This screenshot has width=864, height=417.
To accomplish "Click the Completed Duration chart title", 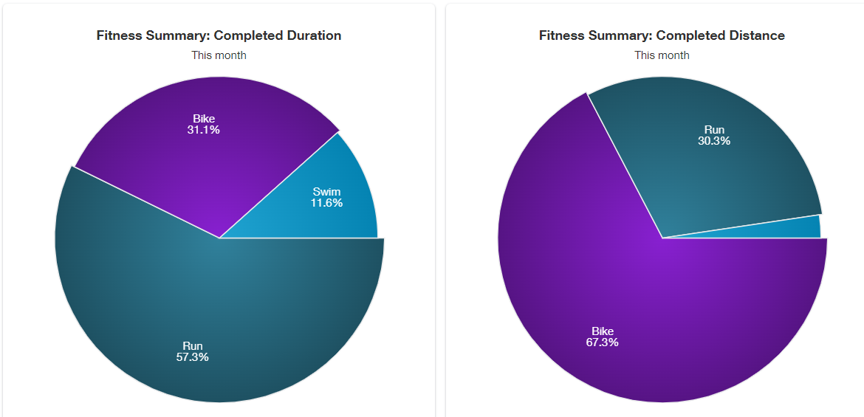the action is tap(219, 35).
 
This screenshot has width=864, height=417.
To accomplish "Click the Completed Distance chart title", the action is tap(662, 35).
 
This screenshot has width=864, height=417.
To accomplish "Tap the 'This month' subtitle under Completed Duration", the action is tap(219, 55).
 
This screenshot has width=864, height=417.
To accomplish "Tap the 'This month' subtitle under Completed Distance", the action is tap(662, 55).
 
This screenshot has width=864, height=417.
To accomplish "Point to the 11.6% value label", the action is tap(326, 203).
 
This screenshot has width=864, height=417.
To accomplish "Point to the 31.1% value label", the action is tap(204, 130).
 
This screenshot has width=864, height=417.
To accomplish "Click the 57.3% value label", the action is tap(192, 357).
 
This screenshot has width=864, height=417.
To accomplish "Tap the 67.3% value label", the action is tap(603, 342).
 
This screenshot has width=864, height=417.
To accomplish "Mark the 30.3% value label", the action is tap(714, 141).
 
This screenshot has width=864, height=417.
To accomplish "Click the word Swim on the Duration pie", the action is tap(326, 192).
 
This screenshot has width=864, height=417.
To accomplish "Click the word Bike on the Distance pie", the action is tap(603, 331).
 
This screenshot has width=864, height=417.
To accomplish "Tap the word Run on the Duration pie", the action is tap(192, 346).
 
